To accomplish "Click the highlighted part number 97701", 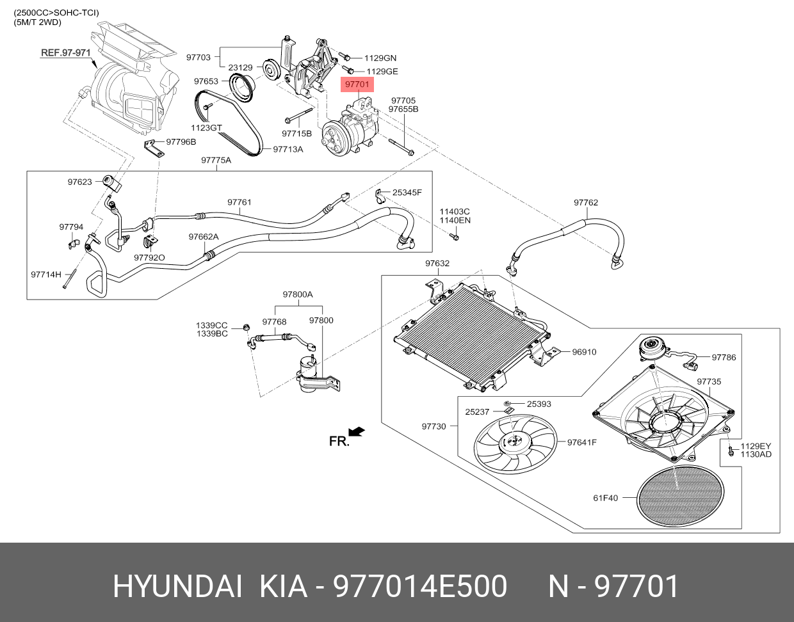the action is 357,84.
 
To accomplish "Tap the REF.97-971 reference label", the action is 65,53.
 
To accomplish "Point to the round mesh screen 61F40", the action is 680,497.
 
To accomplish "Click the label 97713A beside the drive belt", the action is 288,149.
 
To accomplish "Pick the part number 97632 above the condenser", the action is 437,263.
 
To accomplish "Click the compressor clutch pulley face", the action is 333,139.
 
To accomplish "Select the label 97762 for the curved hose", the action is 586,202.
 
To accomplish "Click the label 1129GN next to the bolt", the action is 380,58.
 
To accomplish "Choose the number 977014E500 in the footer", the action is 420,587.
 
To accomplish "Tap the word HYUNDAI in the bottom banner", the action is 177,587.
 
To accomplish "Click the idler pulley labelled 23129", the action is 271,70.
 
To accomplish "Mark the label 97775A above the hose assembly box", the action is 216,160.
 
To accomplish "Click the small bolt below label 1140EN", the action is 454,237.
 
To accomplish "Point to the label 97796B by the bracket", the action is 181,141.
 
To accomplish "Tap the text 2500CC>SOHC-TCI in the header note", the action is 56,13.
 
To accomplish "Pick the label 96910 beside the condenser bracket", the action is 584,352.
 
